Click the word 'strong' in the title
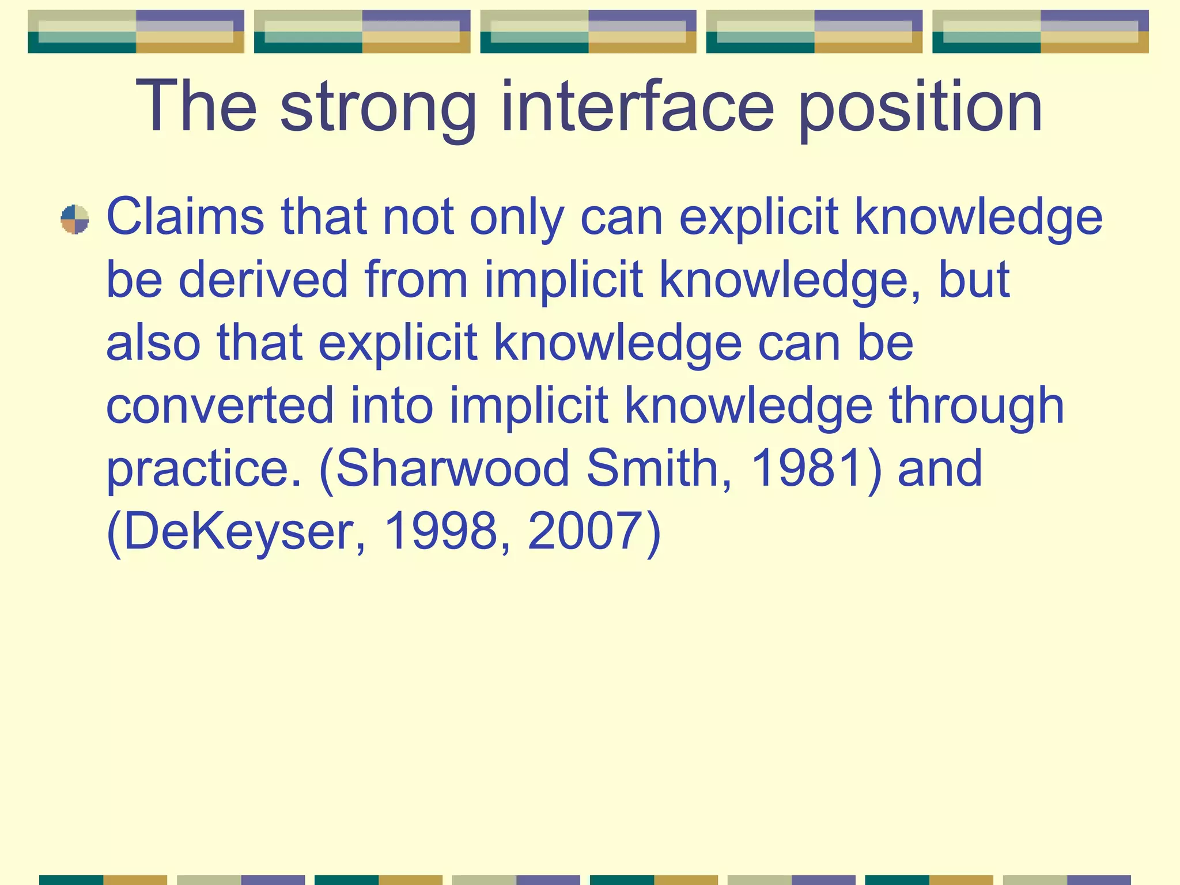tap(378, 108)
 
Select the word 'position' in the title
tap(920, 108)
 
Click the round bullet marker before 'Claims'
tap(75, 220)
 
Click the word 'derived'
tap(263, 279)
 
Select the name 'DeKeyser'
tap(236, 531)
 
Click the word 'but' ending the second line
tap(974, 279)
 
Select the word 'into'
tap(391, 405)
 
